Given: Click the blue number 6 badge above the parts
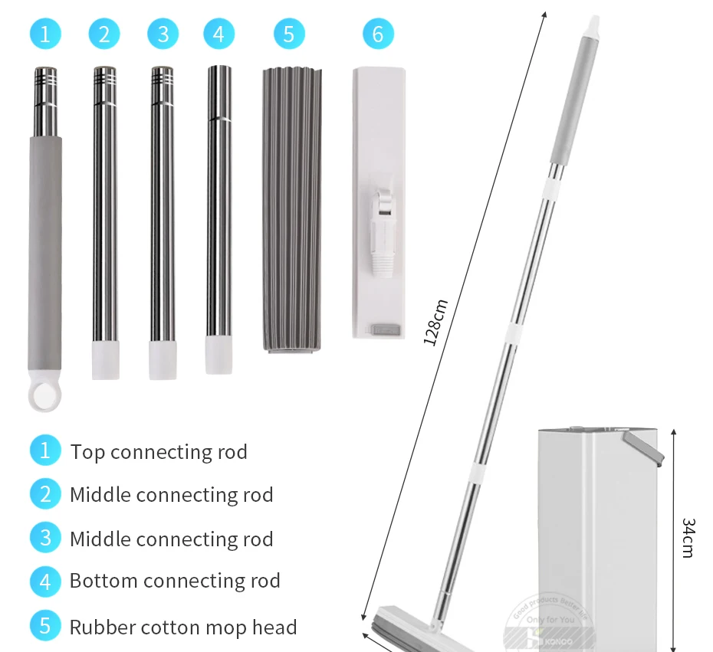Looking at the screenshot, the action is tap(378, 34).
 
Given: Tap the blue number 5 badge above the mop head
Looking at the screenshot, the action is tap(289, 34).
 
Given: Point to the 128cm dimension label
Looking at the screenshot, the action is tap(435, 322).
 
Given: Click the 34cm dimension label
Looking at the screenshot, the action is tap(688, 537).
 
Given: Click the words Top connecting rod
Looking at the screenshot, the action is tap(159, 452).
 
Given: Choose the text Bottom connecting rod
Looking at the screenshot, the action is tap(175, 581).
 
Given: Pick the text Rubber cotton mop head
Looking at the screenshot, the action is tap(183, 627).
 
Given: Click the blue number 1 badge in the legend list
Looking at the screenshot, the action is tap(44, 450).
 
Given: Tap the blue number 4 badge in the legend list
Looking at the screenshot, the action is tap(44, 581).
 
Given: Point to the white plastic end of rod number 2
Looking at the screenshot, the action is tap(105, 360).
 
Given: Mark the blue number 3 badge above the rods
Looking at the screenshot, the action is tap(163, 34).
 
